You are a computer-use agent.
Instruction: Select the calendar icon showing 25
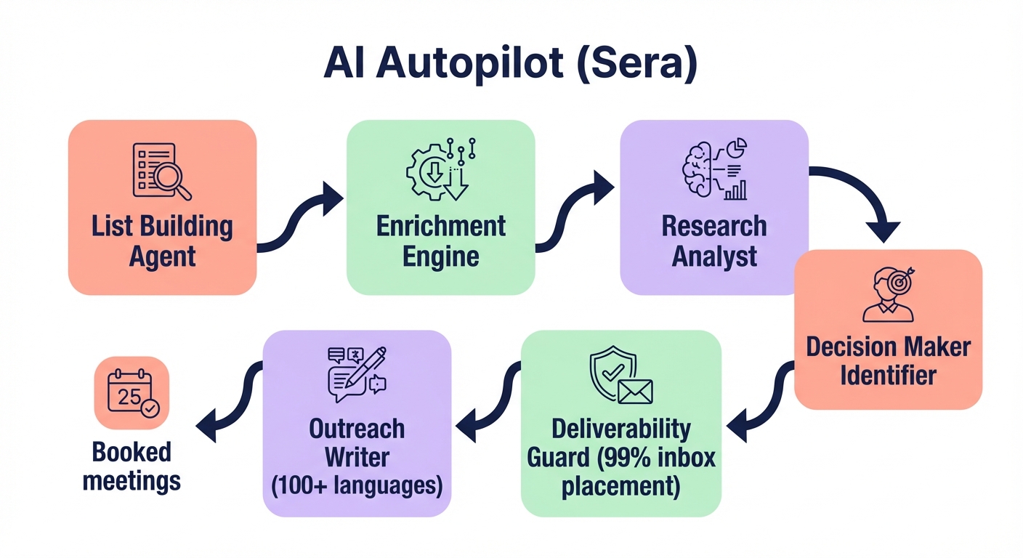(132, 393)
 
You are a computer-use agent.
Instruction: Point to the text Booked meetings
(132, 466)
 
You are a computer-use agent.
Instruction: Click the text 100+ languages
(357, 485)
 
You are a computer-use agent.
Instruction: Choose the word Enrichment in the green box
(441, 226)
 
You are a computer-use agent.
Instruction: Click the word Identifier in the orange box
(888, 376)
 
